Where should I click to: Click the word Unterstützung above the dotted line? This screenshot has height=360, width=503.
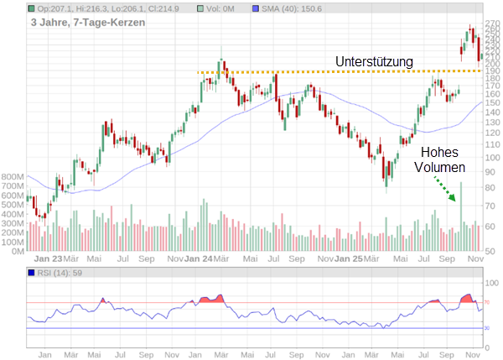pyautogui.click(x=376, y=62)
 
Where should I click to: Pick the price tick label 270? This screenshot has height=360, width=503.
pyautogui.click(x=493, y=25)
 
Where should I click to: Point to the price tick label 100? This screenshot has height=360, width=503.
pyautogui.click(x=493, y=157)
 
